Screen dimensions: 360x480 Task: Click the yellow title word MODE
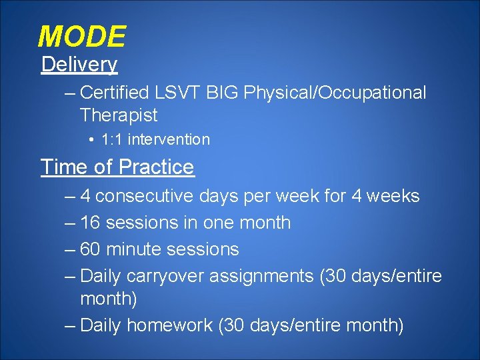81,37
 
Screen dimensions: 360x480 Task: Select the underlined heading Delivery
79,65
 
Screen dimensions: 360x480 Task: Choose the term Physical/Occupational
335,93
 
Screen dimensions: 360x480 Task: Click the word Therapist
119,115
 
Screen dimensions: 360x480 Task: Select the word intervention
169,140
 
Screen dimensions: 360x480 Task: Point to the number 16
90,223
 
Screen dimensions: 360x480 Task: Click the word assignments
262,276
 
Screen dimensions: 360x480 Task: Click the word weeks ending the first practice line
393,197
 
